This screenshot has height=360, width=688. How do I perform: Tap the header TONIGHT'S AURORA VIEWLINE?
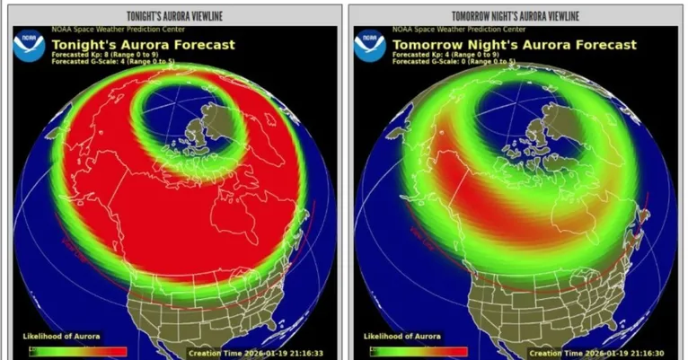click(175, 16)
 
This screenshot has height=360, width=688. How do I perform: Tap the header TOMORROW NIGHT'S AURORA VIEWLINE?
click(515, 16)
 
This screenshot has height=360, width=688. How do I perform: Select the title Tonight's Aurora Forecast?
click(144, 44)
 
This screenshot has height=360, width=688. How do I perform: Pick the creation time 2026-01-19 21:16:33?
click(261, 353)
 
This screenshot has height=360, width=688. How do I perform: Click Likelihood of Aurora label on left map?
click(62, 336)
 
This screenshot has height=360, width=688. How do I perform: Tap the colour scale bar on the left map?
click(75, 351)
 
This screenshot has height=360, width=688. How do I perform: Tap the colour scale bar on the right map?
click(419, 351)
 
